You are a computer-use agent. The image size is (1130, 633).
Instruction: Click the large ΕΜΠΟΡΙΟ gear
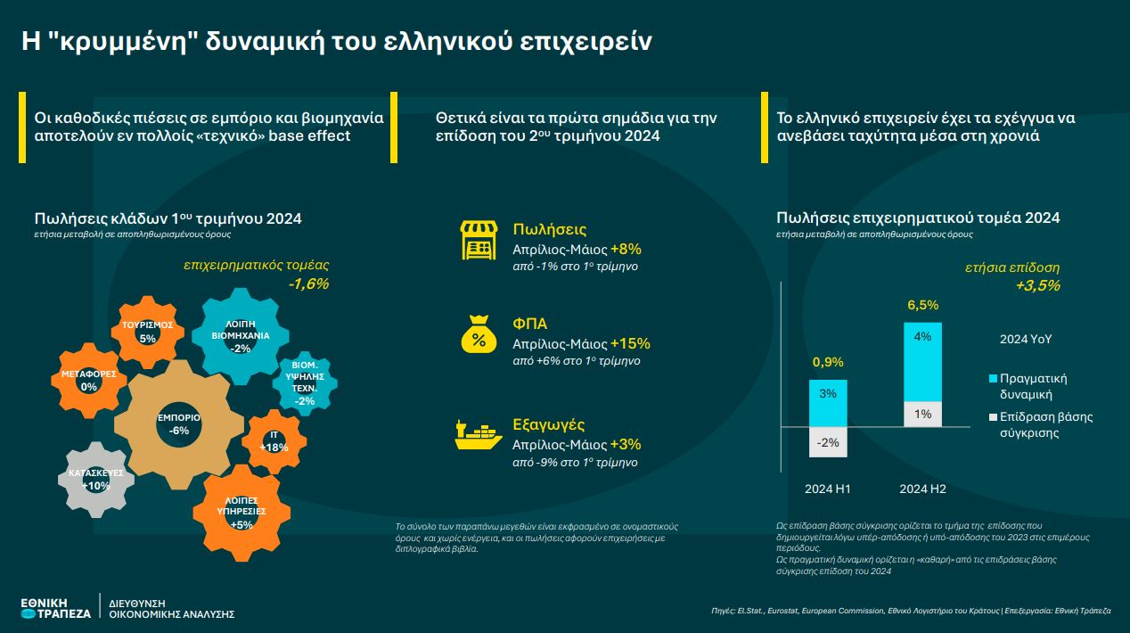(x=178, y=423)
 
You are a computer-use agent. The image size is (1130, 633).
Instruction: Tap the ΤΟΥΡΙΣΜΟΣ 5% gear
(x=148, y=332)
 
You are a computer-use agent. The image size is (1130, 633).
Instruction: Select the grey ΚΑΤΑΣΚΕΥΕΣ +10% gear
(x=95, y=479)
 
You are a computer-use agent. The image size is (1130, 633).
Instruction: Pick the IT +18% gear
(x=274, y=441)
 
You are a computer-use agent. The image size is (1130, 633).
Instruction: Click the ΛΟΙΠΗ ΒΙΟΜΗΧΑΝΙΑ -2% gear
(x=240, y=334)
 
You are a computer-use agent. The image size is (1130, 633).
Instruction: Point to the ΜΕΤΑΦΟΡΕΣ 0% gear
(x=88, y=380)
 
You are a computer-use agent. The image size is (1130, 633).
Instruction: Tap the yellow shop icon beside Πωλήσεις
(x=478, y=241)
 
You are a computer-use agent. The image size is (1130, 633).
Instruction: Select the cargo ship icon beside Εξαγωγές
(x=478, y=434)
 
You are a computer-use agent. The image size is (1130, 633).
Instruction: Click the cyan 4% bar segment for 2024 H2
(x=922, y=361)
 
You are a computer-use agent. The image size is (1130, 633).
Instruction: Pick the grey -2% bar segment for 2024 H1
(x=828, y=442)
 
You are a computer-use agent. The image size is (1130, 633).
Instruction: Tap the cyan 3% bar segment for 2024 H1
(x=828, y=403)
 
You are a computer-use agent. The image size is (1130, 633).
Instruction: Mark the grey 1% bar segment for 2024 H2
(x=922, y=414)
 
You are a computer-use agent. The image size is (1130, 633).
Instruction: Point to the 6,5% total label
(x=922, y=305)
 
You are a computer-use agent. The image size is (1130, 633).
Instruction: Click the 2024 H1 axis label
(x=828, y=489)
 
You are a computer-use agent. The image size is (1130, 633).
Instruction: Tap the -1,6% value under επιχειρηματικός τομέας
(x=308, y=284)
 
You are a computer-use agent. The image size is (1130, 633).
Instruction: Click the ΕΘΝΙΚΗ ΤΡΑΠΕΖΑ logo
(x=55, y=608)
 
